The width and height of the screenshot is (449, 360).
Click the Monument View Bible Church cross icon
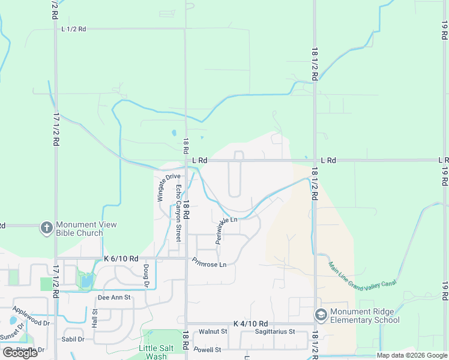tap(46, 228)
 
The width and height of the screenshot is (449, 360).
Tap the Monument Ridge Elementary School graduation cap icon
tap(321, 314)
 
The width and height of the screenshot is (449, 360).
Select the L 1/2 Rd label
tap(74, 29)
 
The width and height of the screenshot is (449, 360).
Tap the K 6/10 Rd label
tap(121, 258)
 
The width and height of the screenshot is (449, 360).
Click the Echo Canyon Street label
tap(178, 212)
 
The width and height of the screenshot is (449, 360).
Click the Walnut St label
tap(213, 331)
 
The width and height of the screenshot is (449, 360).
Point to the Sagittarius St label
tap(274, 331)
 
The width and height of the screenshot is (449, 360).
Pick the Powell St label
tap(207, 350)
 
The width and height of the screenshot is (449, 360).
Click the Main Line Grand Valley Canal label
tap(355, 277)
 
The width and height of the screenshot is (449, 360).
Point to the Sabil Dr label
tap(72, 339)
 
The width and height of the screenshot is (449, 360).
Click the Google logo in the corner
tap(20, 352)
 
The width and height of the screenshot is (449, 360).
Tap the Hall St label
tap(95, 317)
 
